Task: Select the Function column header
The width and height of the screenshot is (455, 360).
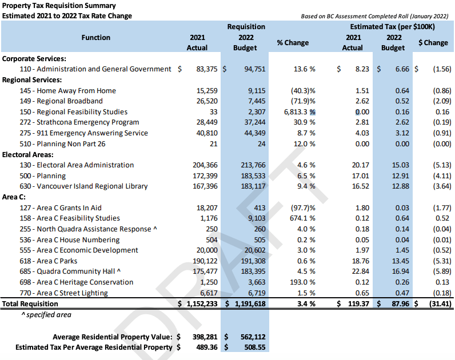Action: coord(95,38)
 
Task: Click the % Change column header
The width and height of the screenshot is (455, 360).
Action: coord(292,43)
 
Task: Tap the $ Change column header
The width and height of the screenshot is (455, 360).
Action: coord(433,43)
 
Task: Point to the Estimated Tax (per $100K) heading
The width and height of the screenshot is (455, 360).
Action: coord(393,27)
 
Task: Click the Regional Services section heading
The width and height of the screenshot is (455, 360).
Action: coord(31,80)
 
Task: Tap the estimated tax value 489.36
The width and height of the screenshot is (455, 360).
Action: coord(203,347)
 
